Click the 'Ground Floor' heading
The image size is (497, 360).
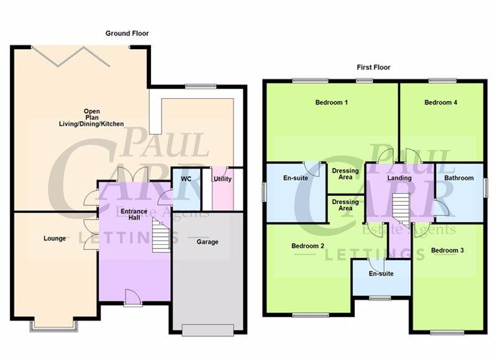(x=127, y=34)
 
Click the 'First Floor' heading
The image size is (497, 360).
(x=373, y=67)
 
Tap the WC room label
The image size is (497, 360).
(x=186, y=179)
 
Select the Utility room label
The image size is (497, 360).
(x=222, y=179)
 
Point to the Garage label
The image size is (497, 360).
(x=207, y=242)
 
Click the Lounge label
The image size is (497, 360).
(x=55, y=238)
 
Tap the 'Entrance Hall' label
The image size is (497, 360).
(x=134, y=215)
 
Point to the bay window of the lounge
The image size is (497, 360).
(x=54, y=325)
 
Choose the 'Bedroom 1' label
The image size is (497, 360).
(x=331, y=103)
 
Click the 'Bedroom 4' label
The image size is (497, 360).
(x=441, y=103)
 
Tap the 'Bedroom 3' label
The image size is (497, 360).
(x=447, y=251)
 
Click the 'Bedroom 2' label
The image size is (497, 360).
(x=308, y=246)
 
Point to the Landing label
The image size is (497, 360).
(x=399, y=178)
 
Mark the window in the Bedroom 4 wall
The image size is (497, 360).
(x=442, y=80)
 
